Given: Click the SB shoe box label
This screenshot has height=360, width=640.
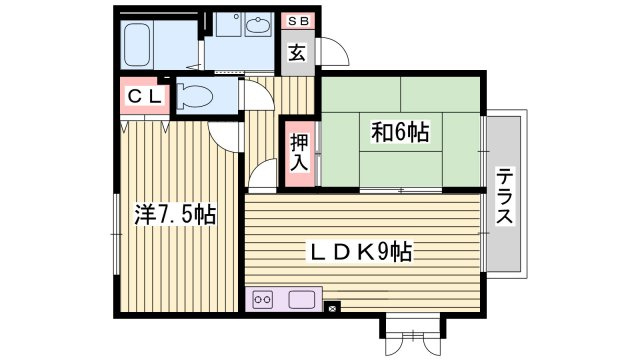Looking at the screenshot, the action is coord(298,21).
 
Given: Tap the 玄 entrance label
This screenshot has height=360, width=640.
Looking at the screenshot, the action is coord(297,53).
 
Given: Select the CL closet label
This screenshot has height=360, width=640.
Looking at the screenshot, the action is coord(145,97).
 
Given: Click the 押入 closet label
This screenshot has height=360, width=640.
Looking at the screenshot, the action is coord(299,152).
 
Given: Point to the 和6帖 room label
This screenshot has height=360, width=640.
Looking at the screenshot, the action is coord(400,132).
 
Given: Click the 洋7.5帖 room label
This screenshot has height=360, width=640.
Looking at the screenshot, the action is coord(175,214).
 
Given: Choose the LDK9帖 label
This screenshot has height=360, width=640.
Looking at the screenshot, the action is coord(360,251).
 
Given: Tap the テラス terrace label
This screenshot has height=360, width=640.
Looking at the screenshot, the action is coord(504,196).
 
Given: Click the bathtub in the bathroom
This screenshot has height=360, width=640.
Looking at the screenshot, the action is coord(137,45).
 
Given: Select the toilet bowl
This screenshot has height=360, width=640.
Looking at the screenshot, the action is coord(195,96).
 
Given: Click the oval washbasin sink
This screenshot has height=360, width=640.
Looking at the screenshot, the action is coord(258,26).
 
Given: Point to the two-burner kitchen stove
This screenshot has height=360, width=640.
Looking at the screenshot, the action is coord(263,300).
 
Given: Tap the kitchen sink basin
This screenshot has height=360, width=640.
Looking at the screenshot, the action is coord(302,300).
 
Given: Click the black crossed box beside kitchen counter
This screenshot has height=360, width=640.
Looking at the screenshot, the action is coord(333,307).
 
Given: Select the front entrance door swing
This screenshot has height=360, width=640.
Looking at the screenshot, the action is coord(335,51).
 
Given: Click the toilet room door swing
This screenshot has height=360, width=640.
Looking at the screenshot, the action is coord(258,95).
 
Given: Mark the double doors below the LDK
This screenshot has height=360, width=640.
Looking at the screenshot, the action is coord(413,342).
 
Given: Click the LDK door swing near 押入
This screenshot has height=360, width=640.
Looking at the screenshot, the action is coord(263,176).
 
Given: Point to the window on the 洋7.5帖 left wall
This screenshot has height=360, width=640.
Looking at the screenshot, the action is coord(117,234).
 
